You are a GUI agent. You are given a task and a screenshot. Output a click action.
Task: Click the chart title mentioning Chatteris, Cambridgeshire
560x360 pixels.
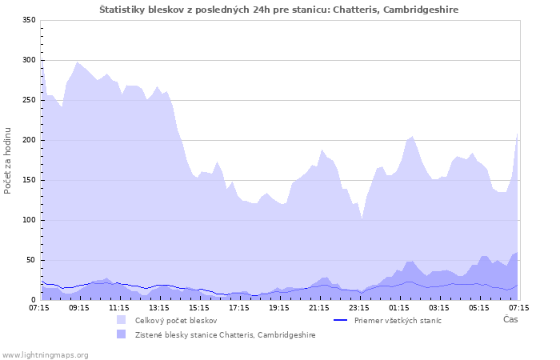click(279, 9)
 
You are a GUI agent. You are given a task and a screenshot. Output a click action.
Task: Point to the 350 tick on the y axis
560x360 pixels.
click(29, 20)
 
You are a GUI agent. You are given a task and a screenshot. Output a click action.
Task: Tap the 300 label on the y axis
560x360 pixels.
click(29, 60)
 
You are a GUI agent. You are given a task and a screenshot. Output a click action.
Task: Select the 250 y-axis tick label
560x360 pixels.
click(29, 100)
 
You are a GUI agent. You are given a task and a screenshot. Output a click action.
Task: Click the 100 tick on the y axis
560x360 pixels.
click(29, 220)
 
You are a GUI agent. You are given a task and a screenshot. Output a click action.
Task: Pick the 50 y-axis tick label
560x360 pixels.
click(31, 260)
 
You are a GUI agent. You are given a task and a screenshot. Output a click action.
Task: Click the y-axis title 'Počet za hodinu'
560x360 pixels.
click(8, 160)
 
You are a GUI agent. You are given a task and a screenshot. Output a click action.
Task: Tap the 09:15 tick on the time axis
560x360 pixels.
click(79, 307)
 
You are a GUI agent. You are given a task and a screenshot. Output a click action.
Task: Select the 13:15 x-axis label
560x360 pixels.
click(159, 307)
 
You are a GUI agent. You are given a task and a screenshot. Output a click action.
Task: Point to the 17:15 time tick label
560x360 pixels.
click(239, 307)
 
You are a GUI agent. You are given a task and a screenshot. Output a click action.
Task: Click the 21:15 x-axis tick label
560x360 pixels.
click(319, 307)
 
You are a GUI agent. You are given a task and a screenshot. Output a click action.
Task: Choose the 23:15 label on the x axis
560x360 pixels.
click(359, 307)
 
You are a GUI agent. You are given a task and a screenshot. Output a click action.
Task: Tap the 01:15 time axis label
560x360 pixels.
click(399, 307)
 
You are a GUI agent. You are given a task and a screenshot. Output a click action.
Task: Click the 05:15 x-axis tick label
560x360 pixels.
click(479, 307)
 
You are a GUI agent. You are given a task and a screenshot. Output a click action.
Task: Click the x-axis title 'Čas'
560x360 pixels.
click(510, 319)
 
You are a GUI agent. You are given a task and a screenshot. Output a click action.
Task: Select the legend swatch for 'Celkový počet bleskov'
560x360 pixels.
click(122, 320)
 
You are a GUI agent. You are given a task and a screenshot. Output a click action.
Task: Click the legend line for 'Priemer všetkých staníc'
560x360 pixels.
click(340, 320)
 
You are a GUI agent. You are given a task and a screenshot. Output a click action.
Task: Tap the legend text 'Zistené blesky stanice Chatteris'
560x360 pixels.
click(225, 334)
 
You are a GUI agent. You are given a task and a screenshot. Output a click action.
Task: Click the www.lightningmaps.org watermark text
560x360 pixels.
click(46, 354)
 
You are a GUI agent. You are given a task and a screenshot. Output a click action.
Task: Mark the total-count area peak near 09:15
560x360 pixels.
click(77, 62)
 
